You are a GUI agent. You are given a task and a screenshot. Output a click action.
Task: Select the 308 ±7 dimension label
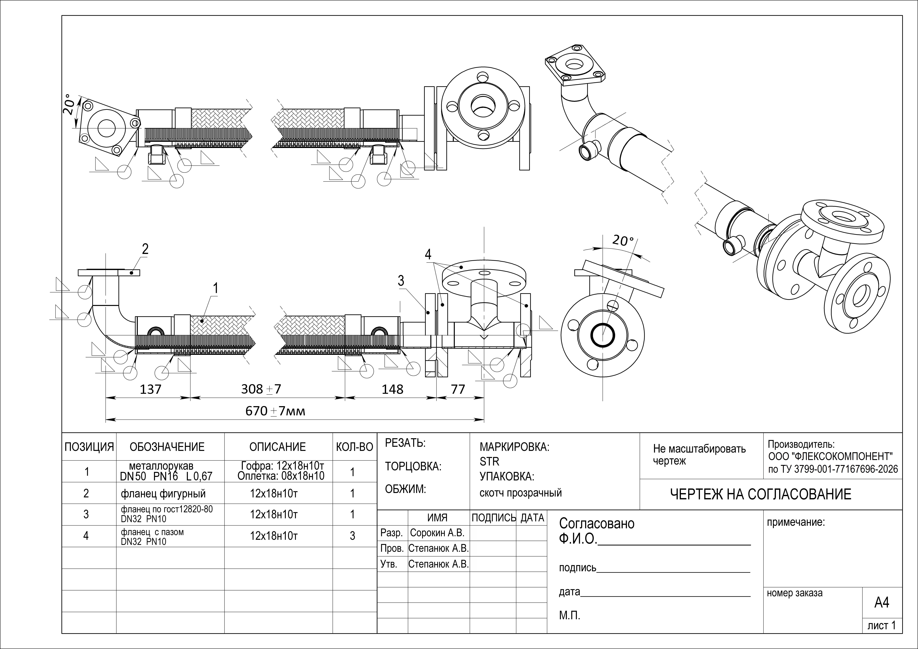(261, 389)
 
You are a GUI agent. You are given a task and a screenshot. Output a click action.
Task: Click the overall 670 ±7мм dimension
(275, 411)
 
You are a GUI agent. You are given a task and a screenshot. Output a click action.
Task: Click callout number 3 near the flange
(401, 281)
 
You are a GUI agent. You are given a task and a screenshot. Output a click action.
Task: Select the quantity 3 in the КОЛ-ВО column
(352, 536)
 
